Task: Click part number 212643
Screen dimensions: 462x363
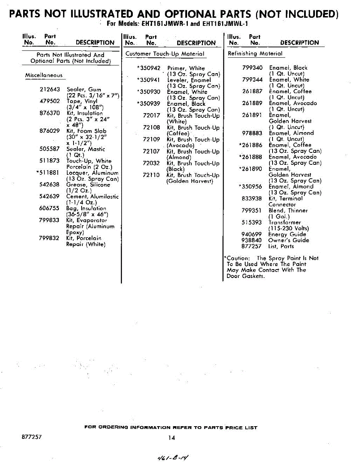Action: [x=50, y=89]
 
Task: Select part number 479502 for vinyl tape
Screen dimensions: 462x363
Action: [x=50, y=101]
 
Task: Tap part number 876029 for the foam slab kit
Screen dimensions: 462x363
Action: [x=50, y=131]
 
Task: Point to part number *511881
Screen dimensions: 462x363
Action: [x=48, y=173]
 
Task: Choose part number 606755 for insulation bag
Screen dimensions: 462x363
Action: [x=50, y=208]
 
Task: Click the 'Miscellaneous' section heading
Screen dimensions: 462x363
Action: [x=43, y=75]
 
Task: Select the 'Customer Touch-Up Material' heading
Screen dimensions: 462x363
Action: [x=165, y=54]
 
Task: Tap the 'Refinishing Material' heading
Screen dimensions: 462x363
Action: [x=255, y=54]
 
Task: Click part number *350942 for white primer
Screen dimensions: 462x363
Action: [x=149, y=68]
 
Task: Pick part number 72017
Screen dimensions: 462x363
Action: [x=151, y=115]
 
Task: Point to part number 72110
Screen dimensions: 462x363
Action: [x=151, y=175]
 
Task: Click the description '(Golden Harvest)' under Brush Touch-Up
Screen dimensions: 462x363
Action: [x=190, y=181]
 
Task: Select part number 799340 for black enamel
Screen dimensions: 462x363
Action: [x=253, y=68]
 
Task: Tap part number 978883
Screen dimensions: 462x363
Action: [x=253, y=133]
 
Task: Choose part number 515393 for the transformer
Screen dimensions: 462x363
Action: [x=252, y=223]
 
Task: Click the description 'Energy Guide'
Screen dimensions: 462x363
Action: [x=287, y=234]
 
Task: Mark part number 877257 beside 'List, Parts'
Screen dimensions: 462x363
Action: [x=251, y=246]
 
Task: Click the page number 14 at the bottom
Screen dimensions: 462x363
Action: [x=172, y=437]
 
